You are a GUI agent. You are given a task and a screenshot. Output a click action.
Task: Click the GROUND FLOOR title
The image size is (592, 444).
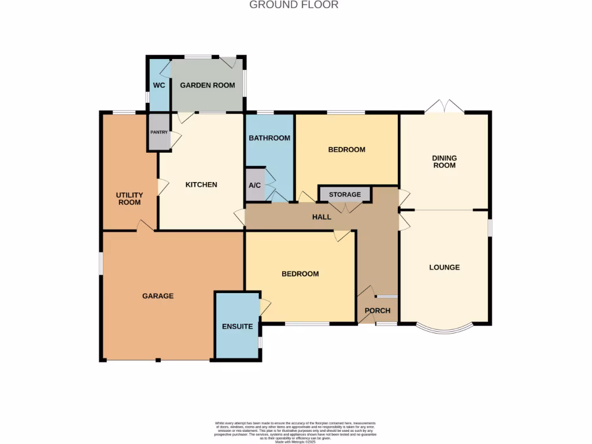[294, 5]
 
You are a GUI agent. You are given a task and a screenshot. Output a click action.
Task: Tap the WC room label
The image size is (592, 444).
[159, 86]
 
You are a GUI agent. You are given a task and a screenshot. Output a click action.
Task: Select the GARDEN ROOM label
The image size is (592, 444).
[208, 86]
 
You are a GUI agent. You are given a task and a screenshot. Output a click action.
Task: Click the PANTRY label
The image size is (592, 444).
[159, 132]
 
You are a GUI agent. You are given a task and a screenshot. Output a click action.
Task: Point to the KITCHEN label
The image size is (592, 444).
[201, 185]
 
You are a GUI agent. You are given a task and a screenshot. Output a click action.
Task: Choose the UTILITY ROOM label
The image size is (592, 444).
[129, 199]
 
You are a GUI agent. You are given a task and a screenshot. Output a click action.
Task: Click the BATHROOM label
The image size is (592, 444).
[269, 138]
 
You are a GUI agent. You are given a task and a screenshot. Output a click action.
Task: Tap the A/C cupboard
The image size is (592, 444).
[254, 186]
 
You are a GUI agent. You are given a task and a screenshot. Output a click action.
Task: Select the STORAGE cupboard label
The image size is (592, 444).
[345, 195]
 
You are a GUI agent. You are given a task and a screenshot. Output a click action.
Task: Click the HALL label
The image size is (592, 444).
[321, 217]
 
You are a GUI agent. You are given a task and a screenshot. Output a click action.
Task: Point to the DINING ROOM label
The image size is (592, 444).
[444, 162]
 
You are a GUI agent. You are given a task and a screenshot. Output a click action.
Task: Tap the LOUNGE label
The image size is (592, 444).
[444, 268]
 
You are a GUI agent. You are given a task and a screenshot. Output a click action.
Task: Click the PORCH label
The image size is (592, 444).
[378, 311]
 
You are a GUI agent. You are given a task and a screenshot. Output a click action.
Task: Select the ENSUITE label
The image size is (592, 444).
[237, 327]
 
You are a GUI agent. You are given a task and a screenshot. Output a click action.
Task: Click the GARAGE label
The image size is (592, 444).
[158, 296]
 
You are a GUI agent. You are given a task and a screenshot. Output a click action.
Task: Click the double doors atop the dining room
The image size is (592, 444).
[444, 107]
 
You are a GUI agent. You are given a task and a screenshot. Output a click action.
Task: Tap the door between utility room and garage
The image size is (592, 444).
[145, 227]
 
